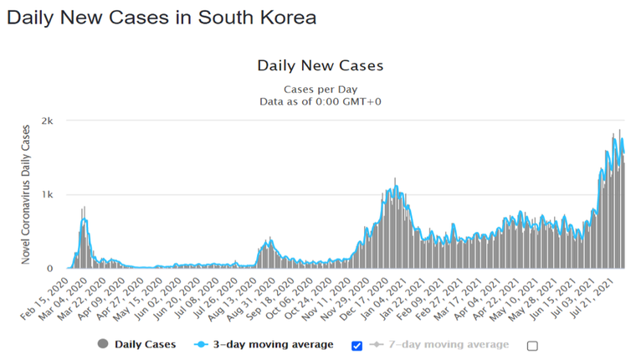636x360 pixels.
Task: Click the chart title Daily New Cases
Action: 321,65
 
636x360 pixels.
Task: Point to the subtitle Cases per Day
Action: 321,88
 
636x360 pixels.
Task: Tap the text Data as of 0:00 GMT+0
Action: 321,101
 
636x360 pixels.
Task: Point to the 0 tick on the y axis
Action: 51,269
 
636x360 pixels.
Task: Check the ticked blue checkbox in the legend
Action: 358,345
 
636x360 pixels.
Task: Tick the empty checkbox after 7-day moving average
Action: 532,345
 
